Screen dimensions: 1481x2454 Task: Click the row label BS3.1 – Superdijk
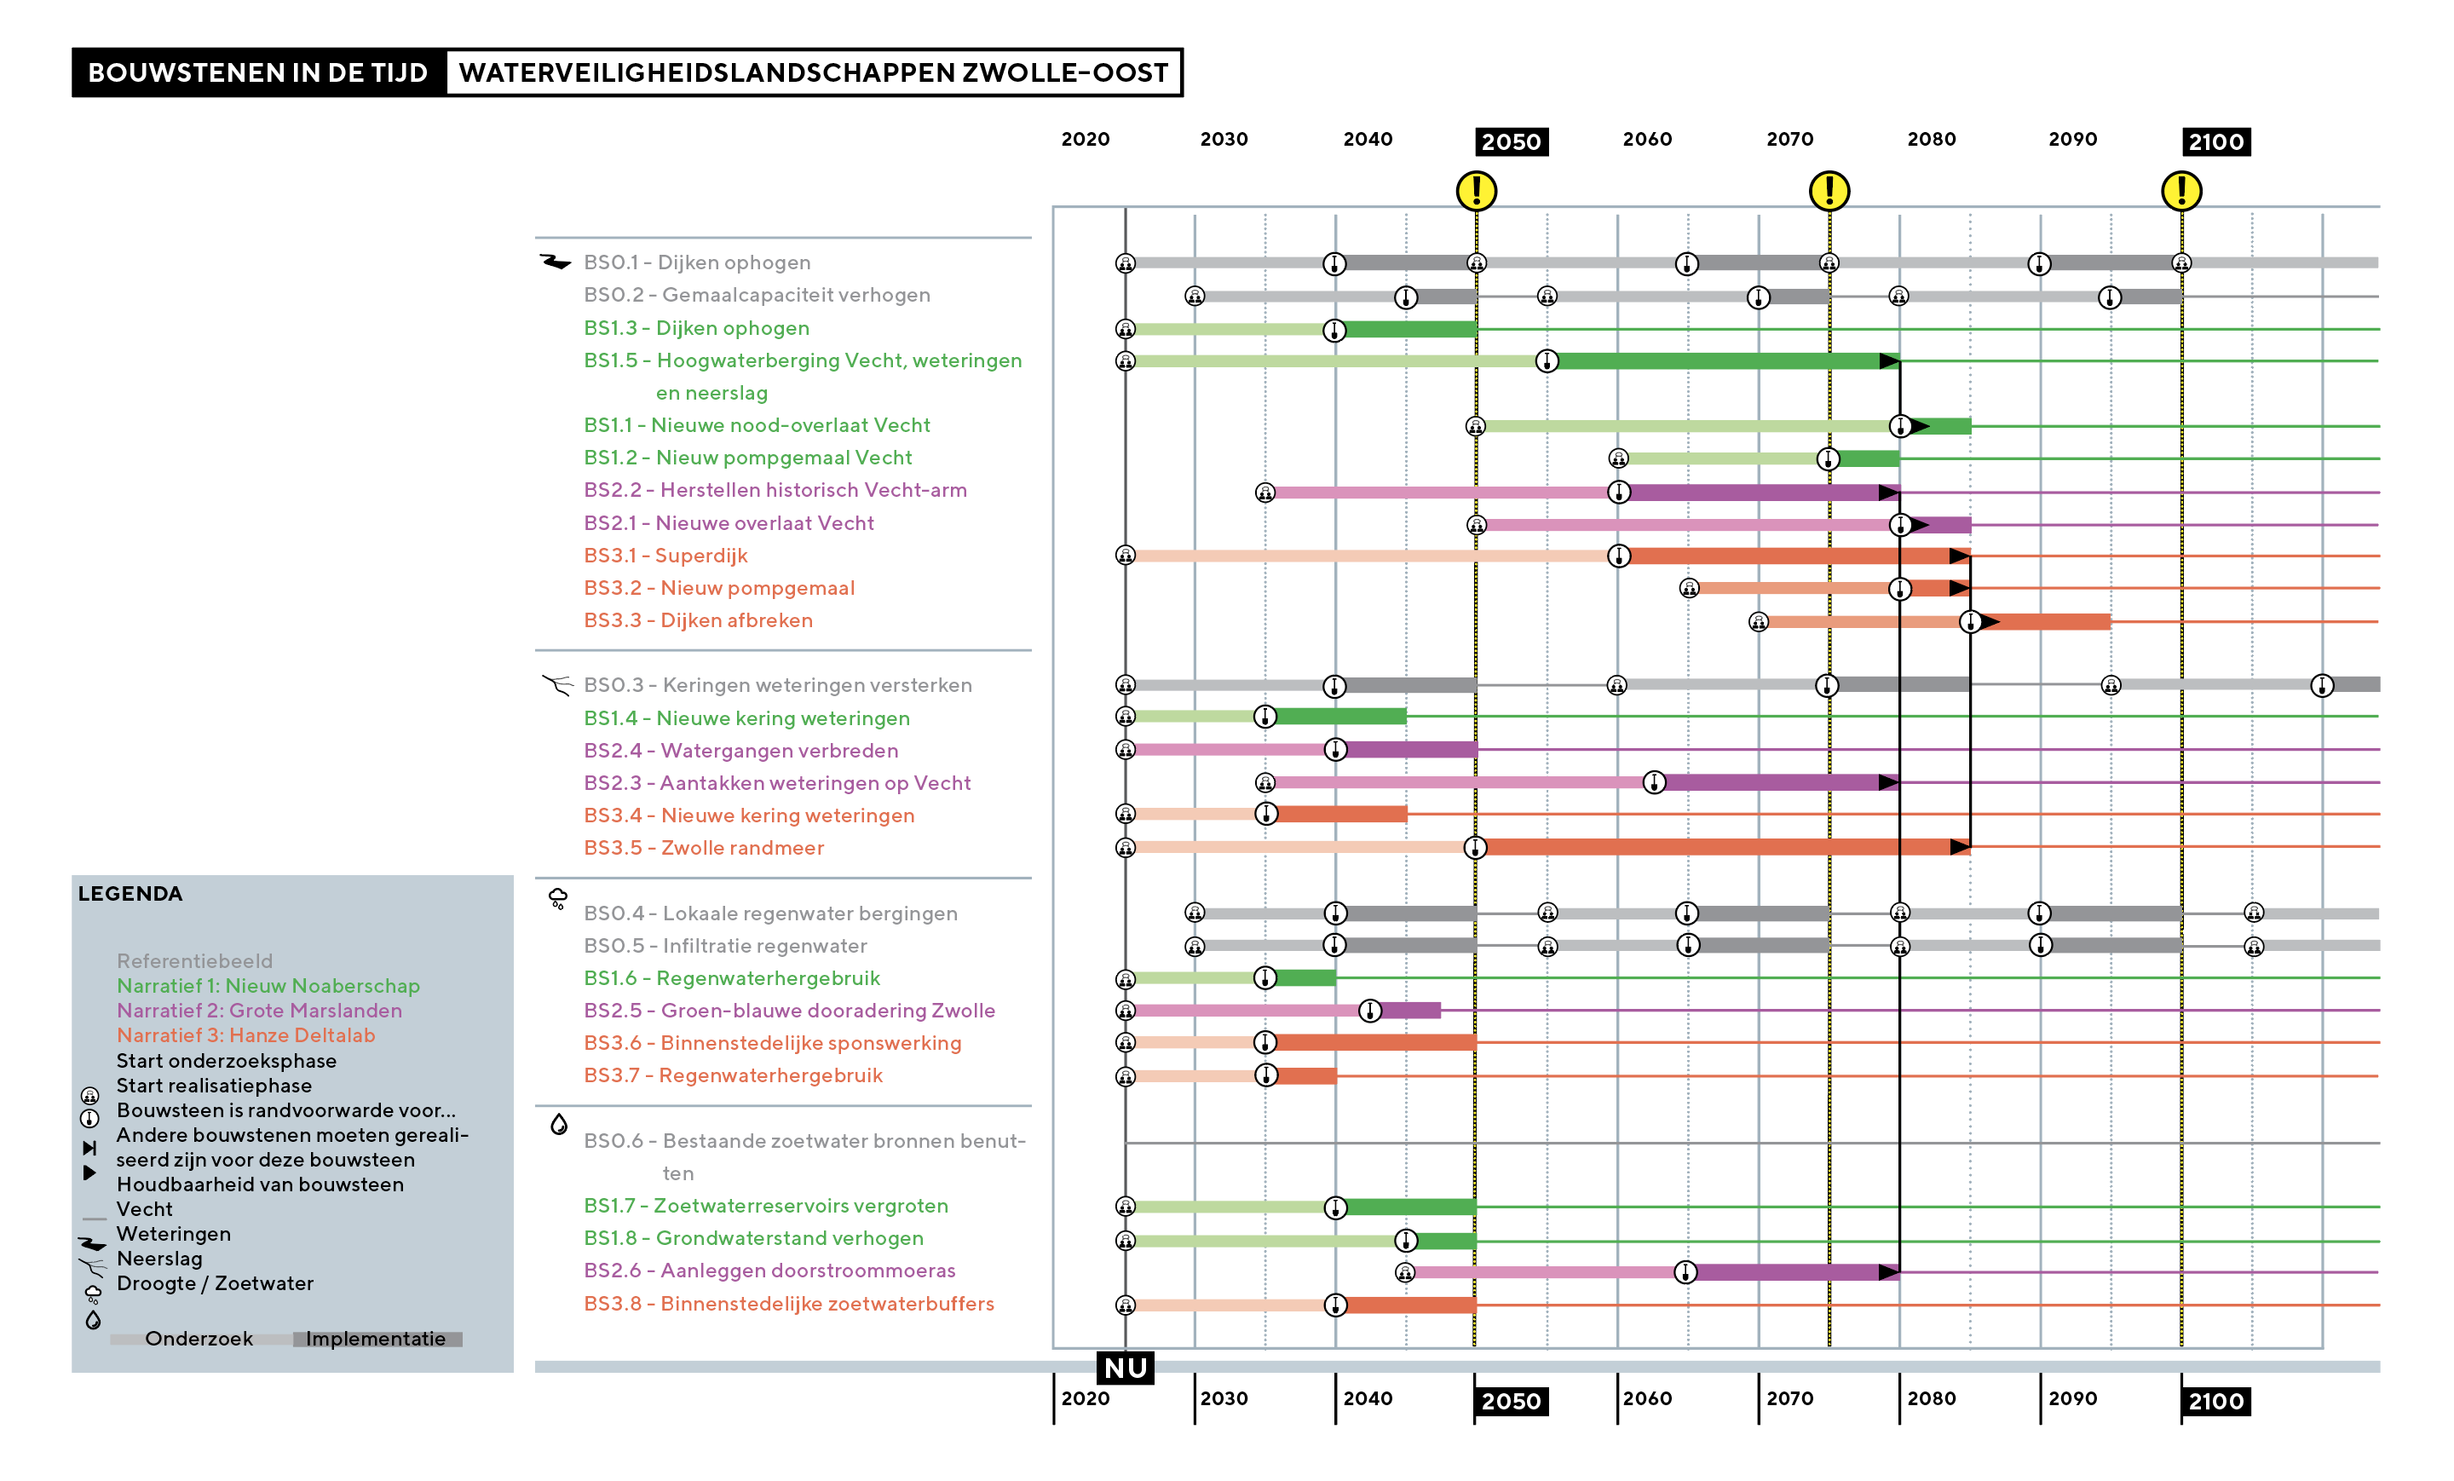[x=665, y=556]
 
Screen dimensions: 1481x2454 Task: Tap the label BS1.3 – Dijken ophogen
[x=696, y=329]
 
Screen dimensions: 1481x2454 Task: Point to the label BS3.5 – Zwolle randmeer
[x=704, y=849]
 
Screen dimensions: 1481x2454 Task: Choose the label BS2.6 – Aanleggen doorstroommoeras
[x=769, y=1271]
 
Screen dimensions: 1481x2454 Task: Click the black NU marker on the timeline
[x=1126, y=1368]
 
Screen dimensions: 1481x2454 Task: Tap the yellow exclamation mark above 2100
[x=2181, y=190]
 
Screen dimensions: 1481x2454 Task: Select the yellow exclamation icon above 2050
[x=1476, y=190]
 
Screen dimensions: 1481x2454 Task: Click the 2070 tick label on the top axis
[x=1789, y=140]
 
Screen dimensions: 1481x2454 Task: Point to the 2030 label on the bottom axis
[x=1224, y=1398]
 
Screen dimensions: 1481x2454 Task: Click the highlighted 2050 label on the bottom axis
[x=1511, y=1401]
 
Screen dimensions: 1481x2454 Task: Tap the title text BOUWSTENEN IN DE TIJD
[x=258, y=72]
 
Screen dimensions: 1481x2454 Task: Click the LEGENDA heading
[x=130, y=893]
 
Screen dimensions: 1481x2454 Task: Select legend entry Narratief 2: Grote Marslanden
[x=259, y=1011]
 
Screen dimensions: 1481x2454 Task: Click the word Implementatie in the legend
[x=376, y=1340]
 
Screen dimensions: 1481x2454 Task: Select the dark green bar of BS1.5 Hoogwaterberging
[x=1718, y=361]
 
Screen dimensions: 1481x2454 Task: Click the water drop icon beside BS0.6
[x=559, y=1125]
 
